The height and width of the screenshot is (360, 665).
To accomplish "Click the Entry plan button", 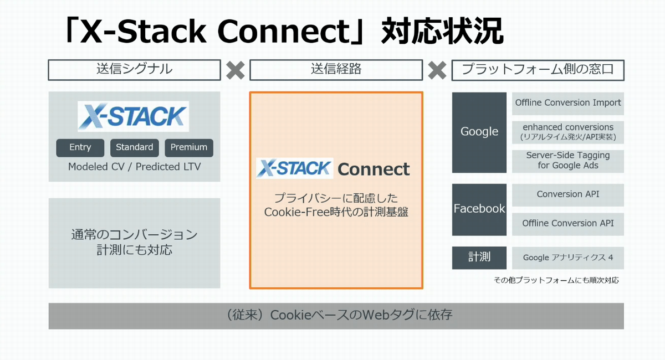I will (x=80, y=147).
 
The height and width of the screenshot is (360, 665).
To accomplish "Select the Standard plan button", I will (x=134, y=147).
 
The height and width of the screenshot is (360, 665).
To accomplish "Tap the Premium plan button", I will (x=189, y=147).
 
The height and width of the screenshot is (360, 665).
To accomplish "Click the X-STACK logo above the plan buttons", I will (x=133, y=116).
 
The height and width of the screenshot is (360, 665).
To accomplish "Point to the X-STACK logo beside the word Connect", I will (x=294, y=168).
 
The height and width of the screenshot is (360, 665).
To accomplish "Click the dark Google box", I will (x=479, y=132).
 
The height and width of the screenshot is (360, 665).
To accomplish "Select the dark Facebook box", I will (x=479, y=209).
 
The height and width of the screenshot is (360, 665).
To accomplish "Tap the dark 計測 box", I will (x=479, y=258).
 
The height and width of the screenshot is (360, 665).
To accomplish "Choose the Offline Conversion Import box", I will (x=568, y=103).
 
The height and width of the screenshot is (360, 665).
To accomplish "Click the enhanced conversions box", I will (x=568, y=132).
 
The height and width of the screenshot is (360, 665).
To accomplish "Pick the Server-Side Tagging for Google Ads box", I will (x=568, y=161).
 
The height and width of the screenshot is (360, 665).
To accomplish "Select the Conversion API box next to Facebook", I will (x=568, y=195).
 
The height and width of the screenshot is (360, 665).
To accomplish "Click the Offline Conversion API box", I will (x=568, y=224).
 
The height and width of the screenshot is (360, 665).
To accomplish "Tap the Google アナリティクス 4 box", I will (x=568, y=258).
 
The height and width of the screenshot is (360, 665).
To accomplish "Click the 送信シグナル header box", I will (x=135, y=70).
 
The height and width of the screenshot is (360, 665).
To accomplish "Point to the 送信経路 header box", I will (x=336, y=70).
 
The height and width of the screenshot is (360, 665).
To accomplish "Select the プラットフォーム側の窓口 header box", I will (x=538, y=70).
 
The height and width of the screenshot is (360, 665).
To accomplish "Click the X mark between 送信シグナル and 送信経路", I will (x=236, y=70).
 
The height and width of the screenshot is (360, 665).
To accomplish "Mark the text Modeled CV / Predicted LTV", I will (x=134, y=167).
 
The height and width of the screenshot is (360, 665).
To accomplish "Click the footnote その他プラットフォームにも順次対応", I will (x=556, y=280).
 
